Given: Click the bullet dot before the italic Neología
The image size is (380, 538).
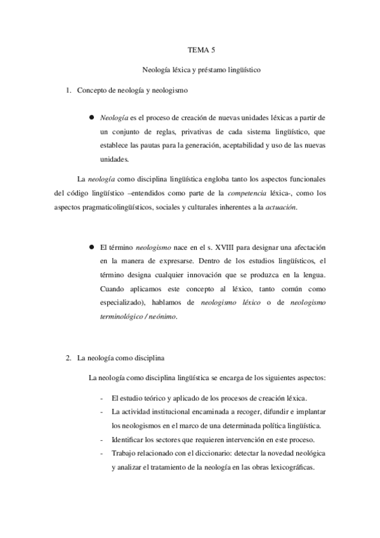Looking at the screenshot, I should point(92,118).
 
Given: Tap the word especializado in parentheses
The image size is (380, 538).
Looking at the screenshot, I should point(124,303).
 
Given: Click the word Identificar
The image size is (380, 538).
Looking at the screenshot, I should point(127,440).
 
